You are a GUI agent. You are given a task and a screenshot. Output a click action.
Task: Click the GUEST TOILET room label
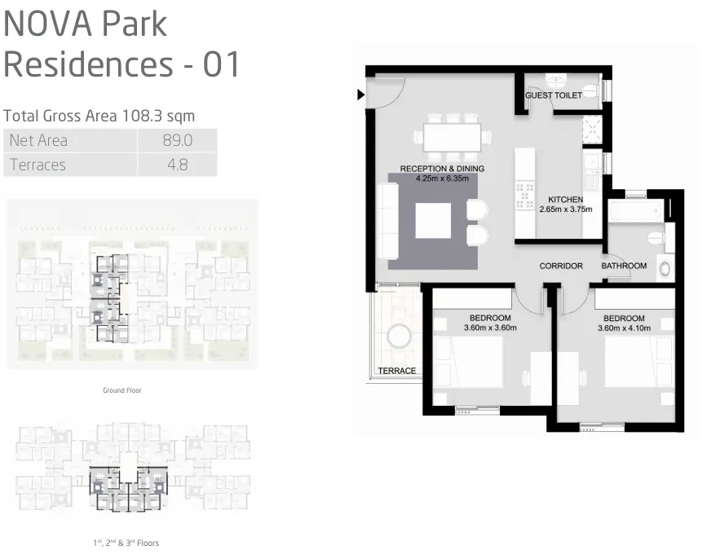pos(554,95)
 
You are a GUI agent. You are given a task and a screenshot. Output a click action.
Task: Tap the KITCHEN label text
pos(565,200)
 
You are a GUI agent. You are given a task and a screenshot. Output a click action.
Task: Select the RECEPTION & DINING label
pos(442,169)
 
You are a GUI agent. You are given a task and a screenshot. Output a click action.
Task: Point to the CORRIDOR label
pos(561,266)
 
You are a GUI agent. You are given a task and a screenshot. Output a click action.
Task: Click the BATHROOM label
pos(624,266)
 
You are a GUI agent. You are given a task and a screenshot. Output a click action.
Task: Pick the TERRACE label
pos(397,371)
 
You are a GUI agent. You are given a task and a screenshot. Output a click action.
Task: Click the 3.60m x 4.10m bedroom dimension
pos(624,328)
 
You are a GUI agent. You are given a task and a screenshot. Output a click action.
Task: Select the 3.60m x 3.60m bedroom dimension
pos(490,328)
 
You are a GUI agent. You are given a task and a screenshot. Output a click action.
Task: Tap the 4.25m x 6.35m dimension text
pos(442,178)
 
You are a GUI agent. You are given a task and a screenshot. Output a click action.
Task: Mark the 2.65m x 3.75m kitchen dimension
pos(565,209)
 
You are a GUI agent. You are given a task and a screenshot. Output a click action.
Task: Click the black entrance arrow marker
pos(360,95)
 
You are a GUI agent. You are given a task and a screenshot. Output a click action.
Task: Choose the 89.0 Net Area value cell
pos(176,140)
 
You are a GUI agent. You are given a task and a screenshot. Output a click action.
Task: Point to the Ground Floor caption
pos(121,390)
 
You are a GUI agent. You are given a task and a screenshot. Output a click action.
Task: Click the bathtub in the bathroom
pos(635,211)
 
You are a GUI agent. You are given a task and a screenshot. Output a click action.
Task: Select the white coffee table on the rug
pos(433,220)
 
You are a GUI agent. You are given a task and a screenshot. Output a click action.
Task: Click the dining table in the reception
pos(452,138)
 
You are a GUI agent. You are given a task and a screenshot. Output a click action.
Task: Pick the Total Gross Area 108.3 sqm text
pos(99,116)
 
